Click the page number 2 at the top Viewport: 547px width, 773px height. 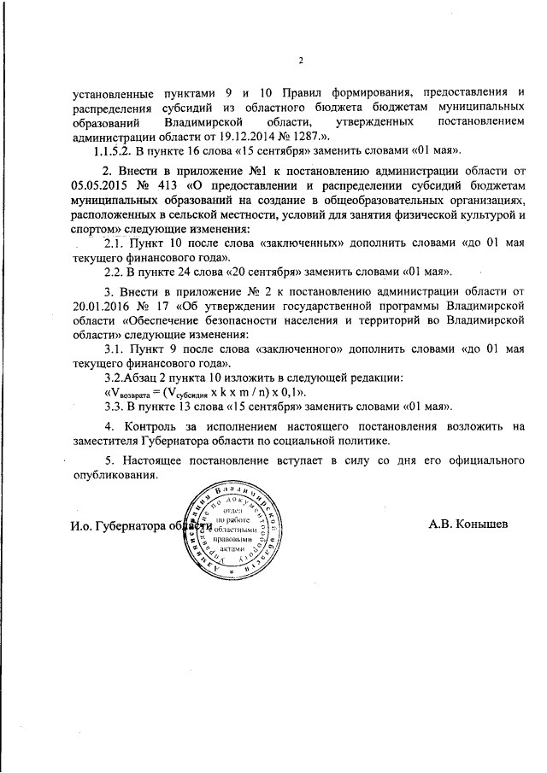(x=301, y=60)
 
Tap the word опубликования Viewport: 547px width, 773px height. (x=115, y=477)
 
